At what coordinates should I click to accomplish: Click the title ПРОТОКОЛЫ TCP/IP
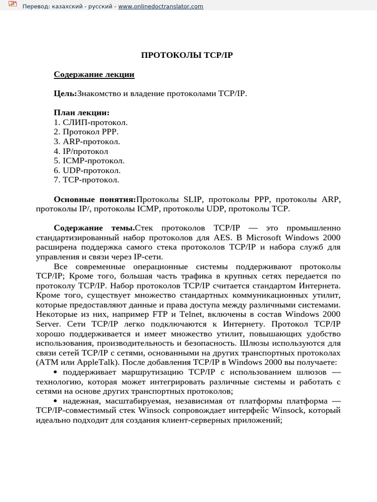tap(187, 55)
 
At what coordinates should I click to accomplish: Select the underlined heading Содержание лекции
tap(94, 75)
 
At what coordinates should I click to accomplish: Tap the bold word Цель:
tap(65, 93)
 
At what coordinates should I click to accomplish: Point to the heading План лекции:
tap(81, 113)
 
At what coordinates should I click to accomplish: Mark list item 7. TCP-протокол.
tap(86, 180)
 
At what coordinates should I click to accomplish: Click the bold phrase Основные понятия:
tap(95, 200)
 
